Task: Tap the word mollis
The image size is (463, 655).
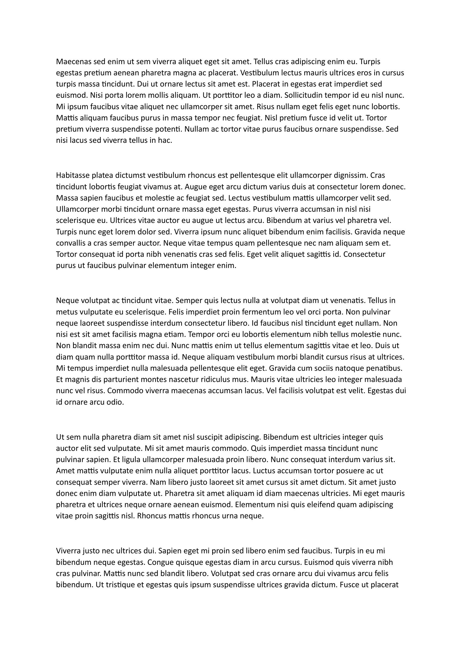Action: click(x=155, y=95)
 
